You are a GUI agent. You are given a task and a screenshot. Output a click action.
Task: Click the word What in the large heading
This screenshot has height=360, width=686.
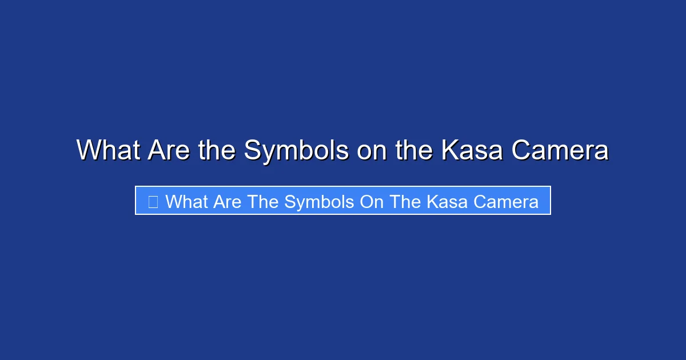[x=109, y=150]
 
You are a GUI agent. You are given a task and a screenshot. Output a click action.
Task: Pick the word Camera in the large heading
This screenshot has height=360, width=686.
[x=560, y=150]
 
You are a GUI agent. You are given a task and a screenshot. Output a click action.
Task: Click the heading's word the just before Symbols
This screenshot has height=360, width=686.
[x=218, y=150]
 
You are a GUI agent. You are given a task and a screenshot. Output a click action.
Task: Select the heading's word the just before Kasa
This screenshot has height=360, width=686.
[x=414, y=150]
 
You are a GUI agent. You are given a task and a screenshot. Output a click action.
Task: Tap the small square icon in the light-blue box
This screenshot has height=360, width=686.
[x=153, y=201]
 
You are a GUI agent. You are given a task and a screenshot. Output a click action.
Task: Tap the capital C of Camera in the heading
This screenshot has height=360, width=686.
[x=521, y=150]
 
